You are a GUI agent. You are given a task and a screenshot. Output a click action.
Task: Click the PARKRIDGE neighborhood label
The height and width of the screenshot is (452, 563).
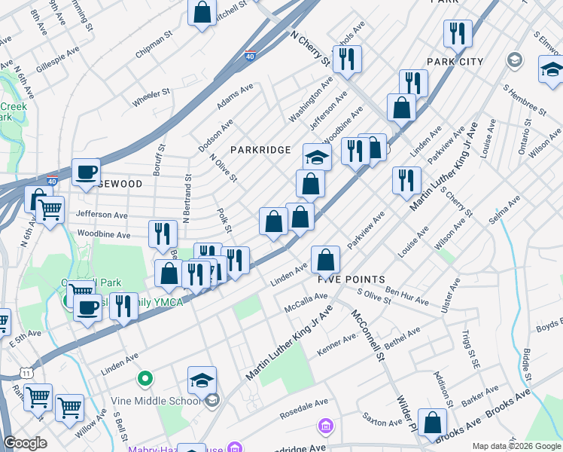260,150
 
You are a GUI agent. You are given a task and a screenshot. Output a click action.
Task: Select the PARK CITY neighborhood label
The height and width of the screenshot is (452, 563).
455,61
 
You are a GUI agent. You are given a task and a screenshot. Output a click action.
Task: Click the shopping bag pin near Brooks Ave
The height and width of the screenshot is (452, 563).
432,423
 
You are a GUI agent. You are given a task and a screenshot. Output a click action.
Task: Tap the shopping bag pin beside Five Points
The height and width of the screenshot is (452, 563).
325,261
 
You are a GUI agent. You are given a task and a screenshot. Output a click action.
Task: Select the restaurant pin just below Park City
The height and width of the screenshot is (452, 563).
412,84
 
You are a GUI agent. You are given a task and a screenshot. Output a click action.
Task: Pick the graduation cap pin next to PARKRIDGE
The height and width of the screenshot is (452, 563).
317,157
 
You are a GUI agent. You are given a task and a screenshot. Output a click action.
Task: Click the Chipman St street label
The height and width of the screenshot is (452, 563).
154,53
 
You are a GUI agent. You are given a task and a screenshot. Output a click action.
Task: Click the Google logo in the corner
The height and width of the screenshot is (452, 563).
25,443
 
